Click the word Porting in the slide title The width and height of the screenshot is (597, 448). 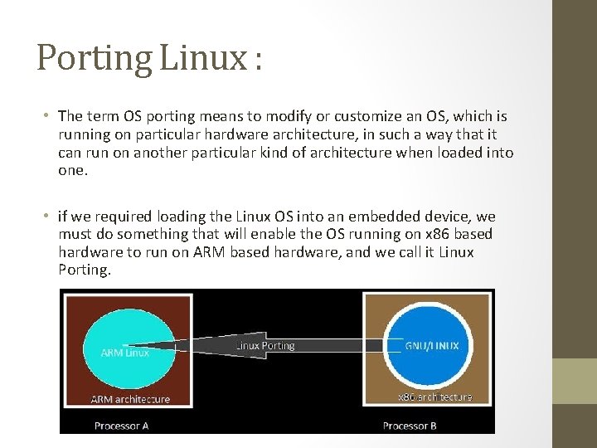pos(93,59)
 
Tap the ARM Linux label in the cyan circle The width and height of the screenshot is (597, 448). pos(124,353)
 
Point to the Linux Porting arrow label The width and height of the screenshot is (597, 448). pos(265,345)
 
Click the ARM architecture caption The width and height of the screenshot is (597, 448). pos(130,399)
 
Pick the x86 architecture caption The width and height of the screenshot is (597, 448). pos(434,397)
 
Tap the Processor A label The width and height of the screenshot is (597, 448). pos(122,426)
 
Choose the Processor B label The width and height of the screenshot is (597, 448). pos(410,426)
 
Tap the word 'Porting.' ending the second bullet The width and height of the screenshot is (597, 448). pos(84,270)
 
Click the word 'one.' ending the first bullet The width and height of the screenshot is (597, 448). pos(73,170)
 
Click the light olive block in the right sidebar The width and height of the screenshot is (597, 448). pos(575,381)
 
